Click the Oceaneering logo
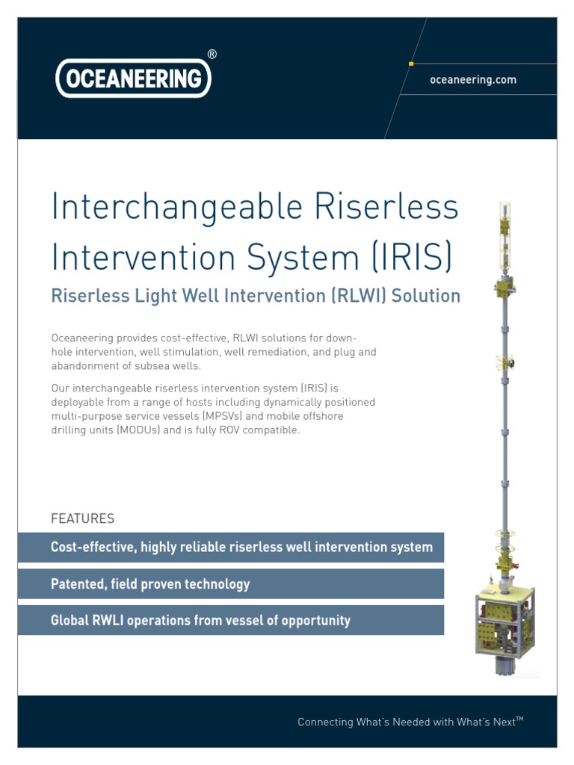pyautogui.click(x=133, y=78)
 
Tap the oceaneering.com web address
pyautogui.click(x=472, y=80)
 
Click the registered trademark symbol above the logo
pyautogui.click(x=212, y=54)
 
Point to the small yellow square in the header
pyautogui.click(x=411, y=64)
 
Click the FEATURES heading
pyautogui.click(x=82, y=518)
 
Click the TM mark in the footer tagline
pyautogui.click(x=520, y=719)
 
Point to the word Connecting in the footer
pyautogui.click(x=325, y=722)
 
